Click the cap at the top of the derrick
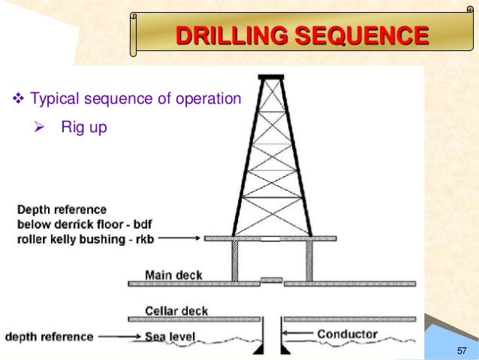tap(271, 76)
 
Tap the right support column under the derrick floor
tap(309, 260)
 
